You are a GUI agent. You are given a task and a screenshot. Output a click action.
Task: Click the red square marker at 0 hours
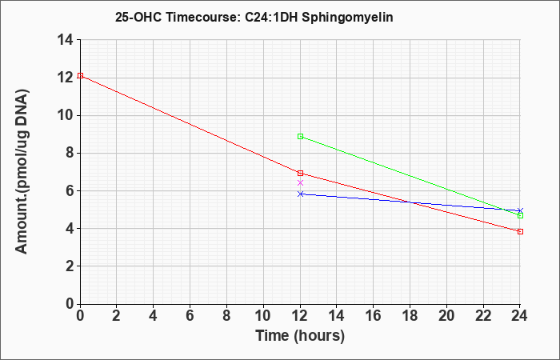click(x=80, y=76)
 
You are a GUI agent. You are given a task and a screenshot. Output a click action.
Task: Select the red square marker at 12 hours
click(x=300, y=174)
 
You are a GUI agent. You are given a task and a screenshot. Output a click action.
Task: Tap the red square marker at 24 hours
click(x=520, y=232)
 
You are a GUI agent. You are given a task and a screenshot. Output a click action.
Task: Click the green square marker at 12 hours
click(x=300, y=137)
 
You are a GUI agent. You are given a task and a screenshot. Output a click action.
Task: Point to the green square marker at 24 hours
click(x=520, y=216)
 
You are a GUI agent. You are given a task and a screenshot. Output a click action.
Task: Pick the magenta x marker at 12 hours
click(x=300, y=183)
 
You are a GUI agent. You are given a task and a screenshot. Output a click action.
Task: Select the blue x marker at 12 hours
click(x=300, y=194)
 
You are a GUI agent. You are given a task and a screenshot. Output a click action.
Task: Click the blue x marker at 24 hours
click(x=520, y=210)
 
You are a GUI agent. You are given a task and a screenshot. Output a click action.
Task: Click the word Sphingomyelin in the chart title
click(x=347, y=18)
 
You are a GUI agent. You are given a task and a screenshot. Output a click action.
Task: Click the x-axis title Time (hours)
click(x=300, y=336)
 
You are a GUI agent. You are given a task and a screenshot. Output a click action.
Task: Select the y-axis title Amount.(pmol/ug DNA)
click(x=22, y=171)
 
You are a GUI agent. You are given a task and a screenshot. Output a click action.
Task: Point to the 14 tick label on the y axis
click(x=66, y=40)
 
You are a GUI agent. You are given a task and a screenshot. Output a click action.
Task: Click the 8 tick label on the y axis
click(x=70, y=154)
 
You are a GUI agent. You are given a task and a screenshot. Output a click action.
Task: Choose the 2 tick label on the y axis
click(x=70, y=266)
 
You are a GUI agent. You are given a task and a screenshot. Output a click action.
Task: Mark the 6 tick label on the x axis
click(x=190, y=316)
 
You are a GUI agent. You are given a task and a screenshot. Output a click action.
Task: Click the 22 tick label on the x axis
click(x=483, y=316)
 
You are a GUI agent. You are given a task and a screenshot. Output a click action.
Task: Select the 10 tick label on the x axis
click(x=263, y=316)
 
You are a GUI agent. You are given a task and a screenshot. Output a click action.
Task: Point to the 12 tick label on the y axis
click(x=66, y=78)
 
